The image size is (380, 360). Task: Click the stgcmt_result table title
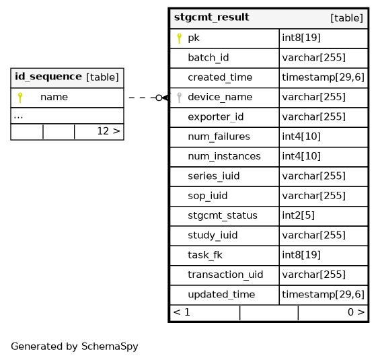point(211,17)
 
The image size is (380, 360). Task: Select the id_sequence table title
point(48,77)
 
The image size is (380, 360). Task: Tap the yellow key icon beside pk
point(179,38)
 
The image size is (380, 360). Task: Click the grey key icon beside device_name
point(179,98)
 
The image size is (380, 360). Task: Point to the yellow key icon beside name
point(20,98)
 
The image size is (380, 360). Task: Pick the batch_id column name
point(208,58)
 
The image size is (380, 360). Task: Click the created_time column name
point(220,77)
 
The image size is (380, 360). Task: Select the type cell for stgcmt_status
point(299,215)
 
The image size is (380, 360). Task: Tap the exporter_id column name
point(216,117)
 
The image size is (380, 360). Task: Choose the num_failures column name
point(219,137)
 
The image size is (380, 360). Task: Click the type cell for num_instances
point(301,156)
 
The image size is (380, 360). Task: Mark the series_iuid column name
point(213,176)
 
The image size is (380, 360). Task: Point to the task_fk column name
point(205,255)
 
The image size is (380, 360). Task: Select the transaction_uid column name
point(225,275)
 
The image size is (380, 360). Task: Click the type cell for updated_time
point(323,295)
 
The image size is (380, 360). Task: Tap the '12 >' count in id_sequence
point(108,131)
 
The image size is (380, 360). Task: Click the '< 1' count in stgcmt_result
point(182,312)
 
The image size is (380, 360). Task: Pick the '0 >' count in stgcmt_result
point(356,312)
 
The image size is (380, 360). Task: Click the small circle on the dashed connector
point(159,98)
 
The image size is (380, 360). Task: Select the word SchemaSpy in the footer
point(110,347)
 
